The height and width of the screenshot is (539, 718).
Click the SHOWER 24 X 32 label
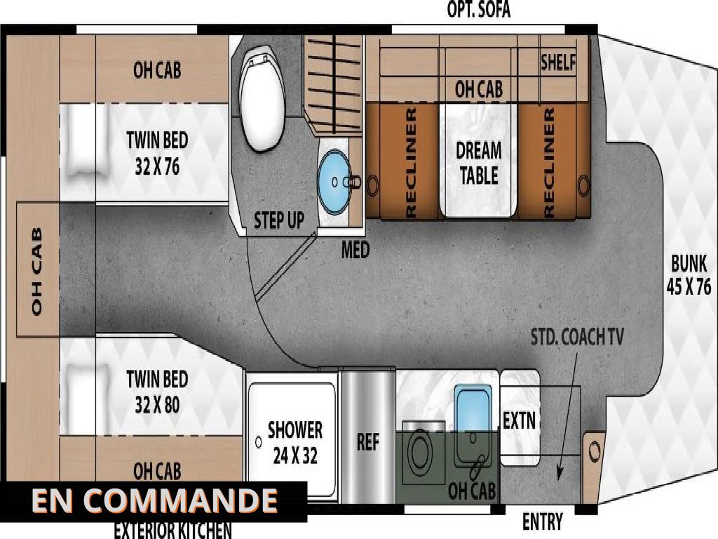click(x=295, y=443)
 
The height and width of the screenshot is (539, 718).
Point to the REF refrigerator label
click(x=368, y=442)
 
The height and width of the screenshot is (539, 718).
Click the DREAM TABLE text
click(x=478, y=163)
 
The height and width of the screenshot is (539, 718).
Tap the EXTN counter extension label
click(x=519, y=420)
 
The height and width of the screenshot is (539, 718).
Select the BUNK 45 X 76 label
click(x=689, y=275)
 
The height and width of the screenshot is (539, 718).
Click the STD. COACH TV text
click(x=577, y=337)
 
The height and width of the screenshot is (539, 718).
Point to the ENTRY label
click(x=542, y=521)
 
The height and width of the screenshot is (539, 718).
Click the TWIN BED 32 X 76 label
click(x=157, y=153)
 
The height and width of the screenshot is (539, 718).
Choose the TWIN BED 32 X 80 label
click(x=157, y=392)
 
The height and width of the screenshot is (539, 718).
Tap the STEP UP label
click(x=279, y=220)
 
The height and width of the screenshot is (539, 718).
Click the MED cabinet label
click(x=355, y=251)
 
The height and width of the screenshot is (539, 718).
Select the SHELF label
click(x=557, y=62)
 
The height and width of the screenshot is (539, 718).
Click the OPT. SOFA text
click(x=478, y=10)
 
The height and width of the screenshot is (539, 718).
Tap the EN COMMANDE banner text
click(x=154, y=500)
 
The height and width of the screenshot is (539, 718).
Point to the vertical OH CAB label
click(x=37, y=271)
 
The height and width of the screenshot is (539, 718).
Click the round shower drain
click(x=259, y=442)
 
